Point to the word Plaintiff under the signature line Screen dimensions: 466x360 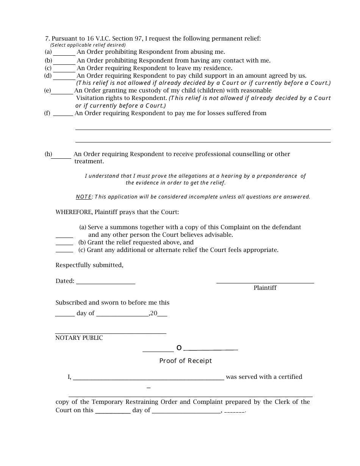265,288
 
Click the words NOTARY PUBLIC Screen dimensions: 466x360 79,338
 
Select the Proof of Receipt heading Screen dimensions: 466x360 185,361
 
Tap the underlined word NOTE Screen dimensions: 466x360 83,197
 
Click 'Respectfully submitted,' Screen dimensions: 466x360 89,265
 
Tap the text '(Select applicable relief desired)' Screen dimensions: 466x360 88,45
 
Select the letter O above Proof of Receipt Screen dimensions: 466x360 179,348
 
